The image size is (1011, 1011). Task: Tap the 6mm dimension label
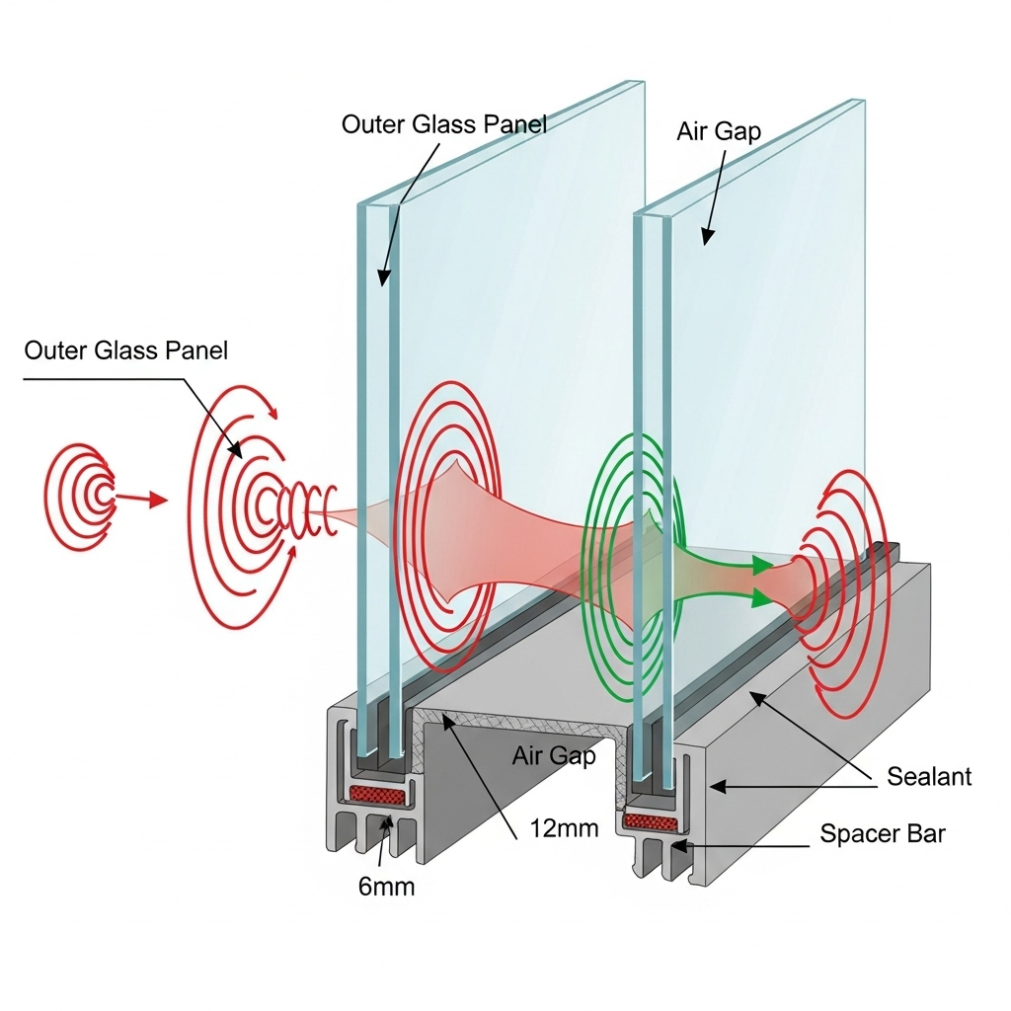point(386,886)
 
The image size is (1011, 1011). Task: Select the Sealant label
point(928,776)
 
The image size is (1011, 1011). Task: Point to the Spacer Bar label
point(883,834)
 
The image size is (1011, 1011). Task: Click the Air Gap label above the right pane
point(719,131)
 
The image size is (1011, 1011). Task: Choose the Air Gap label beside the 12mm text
point(554,756)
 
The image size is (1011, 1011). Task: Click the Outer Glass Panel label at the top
point(444,123)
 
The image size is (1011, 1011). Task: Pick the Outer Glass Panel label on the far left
point(126,350)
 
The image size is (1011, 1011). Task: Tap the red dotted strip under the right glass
point(649,820)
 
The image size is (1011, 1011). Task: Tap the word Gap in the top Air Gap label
point(740,131)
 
